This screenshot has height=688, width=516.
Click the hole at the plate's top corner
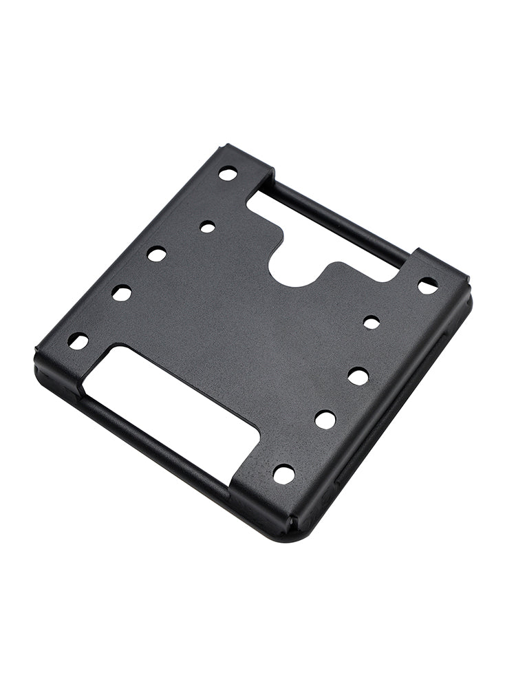228,173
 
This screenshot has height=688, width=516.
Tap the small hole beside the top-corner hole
207,226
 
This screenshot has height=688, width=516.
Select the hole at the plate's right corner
427,285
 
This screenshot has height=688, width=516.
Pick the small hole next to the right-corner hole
372,322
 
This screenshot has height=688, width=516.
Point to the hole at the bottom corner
283,473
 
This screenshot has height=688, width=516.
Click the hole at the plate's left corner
78,341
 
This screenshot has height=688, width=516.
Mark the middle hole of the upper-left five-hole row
157,254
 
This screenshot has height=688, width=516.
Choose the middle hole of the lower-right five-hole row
358,376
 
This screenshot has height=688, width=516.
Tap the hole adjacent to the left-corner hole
122,293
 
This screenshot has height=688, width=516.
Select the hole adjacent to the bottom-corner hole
325,419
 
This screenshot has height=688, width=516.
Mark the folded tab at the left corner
58,358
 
